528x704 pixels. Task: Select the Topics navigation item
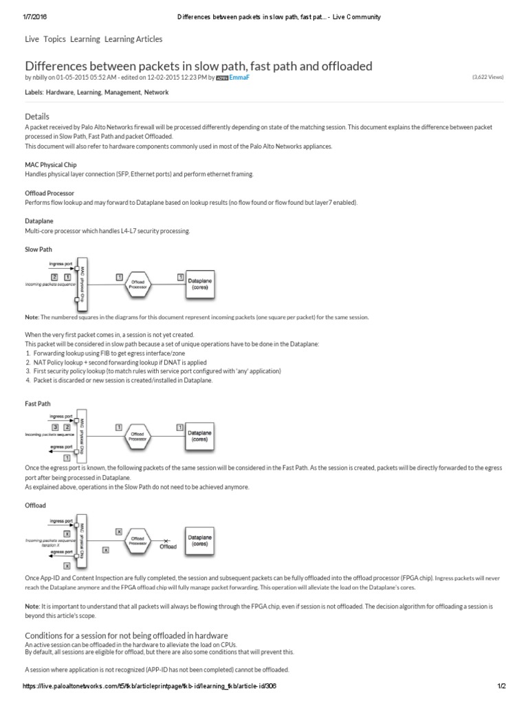[x=54, y=39]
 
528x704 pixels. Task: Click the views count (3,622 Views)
[x=487, y=78]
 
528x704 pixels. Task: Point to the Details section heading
[x=37, y=116]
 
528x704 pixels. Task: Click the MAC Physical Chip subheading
[x=51, y=165]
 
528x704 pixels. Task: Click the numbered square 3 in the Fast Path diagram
[x=56, y=427]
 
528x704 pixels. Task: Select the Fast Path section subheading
[x=38, y=404]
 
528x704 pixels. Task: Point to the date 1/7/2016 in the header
[x=27, y=16]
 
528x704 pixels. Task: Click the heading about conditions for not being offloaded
[x=126, y=635]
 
